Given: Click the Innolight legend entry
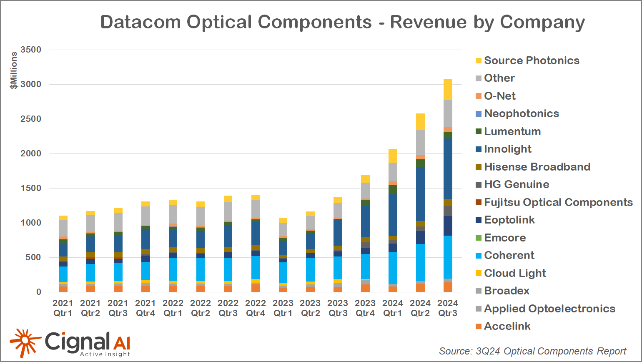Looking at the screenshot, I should [508, 149].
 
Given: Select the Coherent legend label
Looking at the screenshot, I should [509, 256].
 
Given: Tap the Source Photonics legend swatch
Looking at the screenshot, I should [479, 61].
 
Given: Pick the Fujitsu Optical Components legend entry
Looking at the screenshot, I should [558, 202].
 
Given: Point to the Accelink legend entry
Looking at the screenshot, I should [507, 327].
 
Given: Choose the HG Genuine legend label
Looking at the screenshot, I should [517, 185].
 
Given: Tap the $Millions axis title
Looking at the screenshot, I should [14, 70].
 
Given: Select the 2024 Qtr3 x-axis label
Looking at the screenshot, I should [448, 308].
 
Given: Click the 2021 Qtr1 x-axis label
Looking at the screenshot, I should [63, 308].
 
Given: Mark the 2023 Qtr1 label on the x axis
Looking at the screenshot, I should [283, 308].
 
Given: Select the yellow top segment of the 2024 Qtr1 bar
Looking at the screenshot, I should [393, 156].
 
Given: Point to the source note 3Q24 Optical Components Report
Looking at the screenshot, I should [532, 351].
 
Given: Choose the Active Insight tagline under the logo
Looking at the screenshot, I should [105, 354].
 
